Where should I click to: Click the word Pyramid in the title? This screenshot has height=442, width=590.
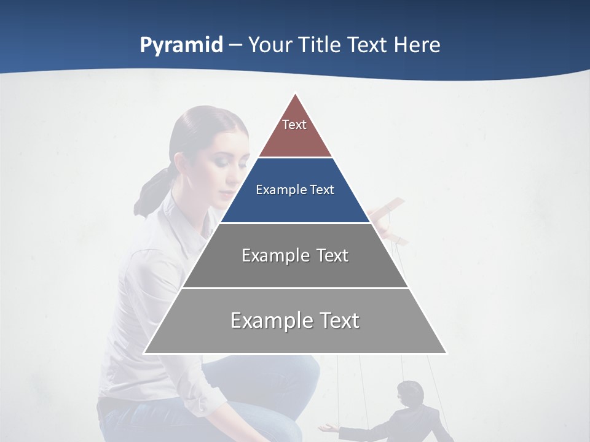[x=181, y=45]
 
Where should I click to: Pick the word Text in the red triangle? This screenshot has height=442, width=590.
[x=294, y=125]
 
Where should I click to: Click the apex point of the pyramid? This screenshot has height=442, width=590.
[x=296, y=94]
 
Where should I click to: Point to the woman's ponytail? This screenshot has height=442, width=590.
[x=151, y=190]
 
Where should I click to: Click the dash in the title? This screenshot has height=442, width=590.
[x=235, y=45]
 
